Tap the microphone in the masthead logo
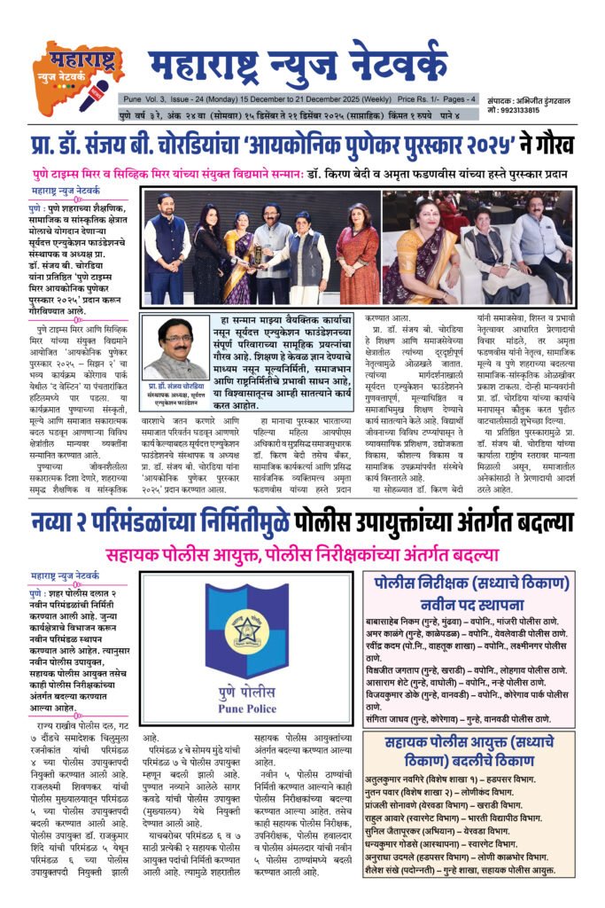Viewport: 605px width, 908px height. [93, 93]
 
